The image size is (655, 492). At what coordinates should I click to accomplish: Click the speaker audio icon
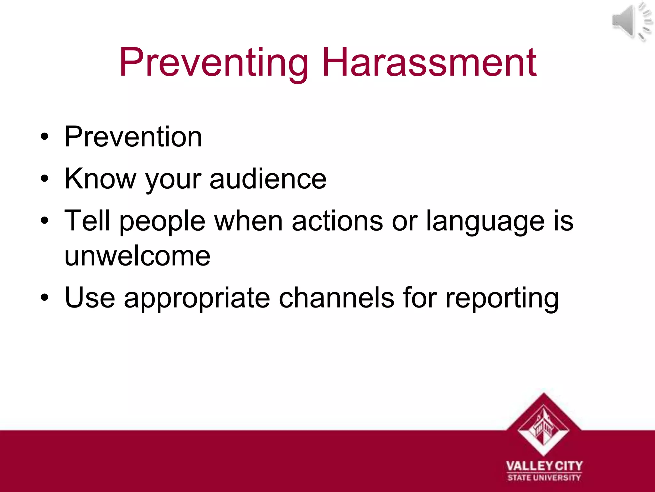point(631,22)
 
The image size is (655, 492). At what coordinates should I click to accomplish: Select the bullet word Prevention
point(133,137)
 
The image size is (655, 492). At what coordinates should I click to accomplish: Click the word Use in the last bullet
point(90,298)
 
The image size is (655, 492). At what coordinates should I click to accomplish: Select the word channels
point(336,298)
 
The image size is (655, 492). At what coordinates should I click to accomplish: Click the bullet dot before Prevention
point(45,137)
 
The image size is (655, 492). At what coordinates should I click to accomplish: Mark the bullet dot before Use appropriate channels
point(45,298)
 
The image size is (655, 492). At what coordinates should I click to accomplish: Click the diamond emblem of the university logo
point(544,424)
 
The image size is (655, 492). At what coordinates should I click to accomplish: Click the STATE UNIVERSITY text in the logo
point(544,478)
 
